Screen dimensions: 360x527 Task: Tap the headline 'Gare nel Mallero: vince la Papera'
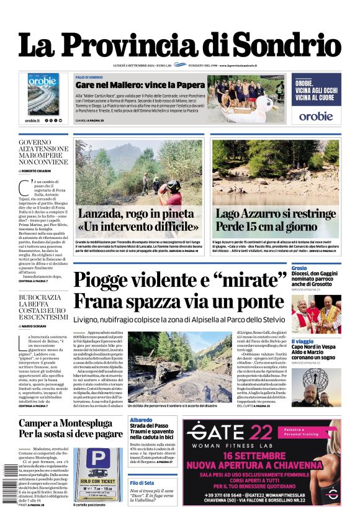click(x=140, y=84)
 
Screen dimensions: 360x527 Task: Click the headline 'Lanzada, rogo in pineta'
click(x=137, y=215)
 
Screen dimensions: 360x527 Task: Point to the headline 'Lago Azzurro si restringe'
click(x=275, y=215)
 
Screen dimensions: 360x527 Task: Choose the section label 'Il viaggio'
click(x=304, y=341)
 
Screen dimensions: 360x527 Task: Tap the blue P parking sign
click(x=96, y=459)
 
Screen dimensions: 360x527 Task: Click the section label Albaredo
click(x=142, y=421)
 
